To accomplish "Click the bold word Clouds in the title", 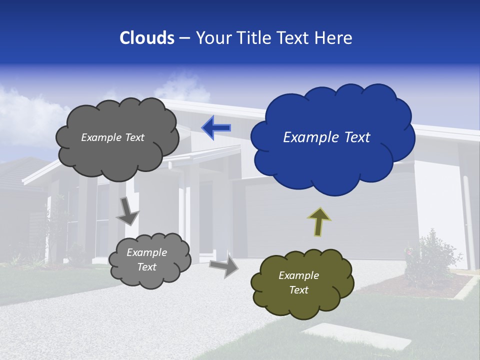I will pos(146,38).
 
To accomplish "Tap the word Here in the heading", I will pos(334,38).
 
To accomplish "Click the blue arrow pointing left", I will pos(216,127).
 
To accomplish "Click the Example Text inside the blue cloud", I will pos(326,137).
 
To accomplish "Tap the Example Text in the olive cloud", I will pos(298,282).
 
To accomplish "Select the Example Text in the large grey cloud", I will pos(112,137).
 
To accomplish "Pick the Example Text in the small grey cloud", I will pos(146,259).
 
